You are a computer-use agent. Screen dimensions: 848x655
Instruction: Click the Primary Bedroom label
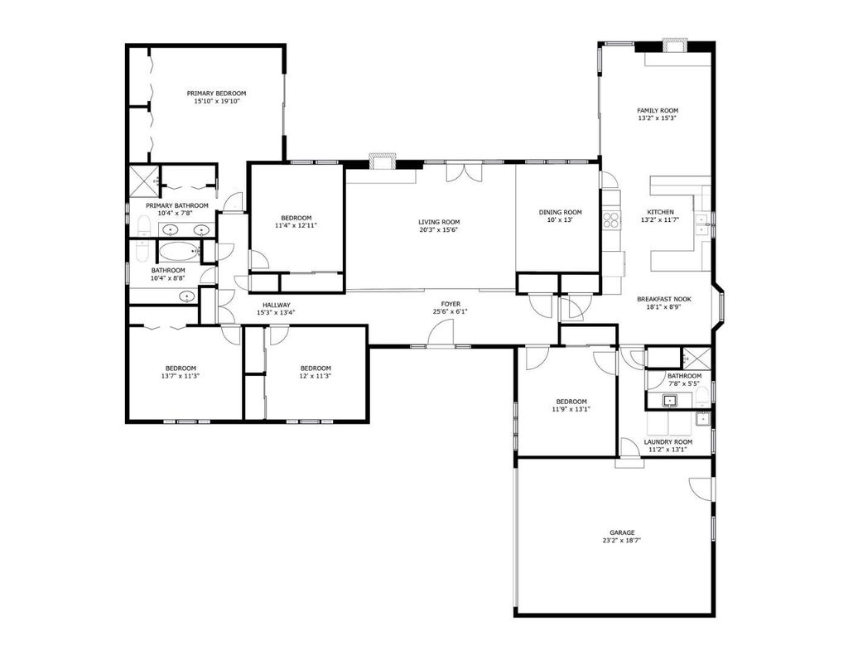click(216, 93)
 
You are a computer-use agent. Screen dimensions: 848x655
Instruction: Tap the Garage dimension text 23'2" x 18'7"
click(622, 541)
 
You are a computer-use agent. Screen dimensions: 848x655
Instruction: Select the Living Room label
click(439, 222)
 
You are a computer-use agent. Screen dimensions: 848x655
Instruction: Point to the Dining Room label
click(561, 212)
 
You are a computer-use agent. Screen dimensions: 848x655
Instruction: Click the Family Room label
click(658, 110)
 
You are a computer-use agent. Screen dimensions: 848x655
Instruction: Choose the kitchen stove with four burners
click(612, 219)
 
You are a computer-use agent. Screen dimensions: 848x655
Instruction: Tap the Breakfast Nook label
click(664, 299)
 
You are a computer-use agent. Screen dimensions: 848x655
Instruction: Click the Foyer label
click(450, 304)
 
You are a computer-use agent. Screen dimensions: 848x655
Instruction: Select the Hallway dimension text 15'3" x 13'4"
click(276, 312)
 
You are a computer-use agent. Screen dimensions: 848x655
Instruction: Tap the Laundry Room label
click(668, 442)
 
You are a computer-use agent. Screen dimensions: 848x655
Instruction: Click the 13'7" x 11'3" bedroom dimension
click(181, 376)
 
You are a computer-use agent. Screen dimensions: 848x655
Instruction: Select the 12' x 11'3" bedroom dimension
click(316, 376)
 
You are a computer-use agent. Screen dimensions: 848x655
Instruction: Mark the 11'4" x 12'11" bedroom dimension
click(296, 225)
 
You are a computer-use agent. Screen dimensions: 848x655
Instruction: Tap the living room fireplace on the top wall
click(383, 161)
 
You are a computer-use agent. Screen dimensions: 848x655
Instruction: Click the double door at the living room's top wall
click(464, 171)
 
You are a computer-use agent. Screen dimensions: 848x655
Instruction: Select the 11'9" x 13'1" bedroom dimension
click(571, 409)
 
